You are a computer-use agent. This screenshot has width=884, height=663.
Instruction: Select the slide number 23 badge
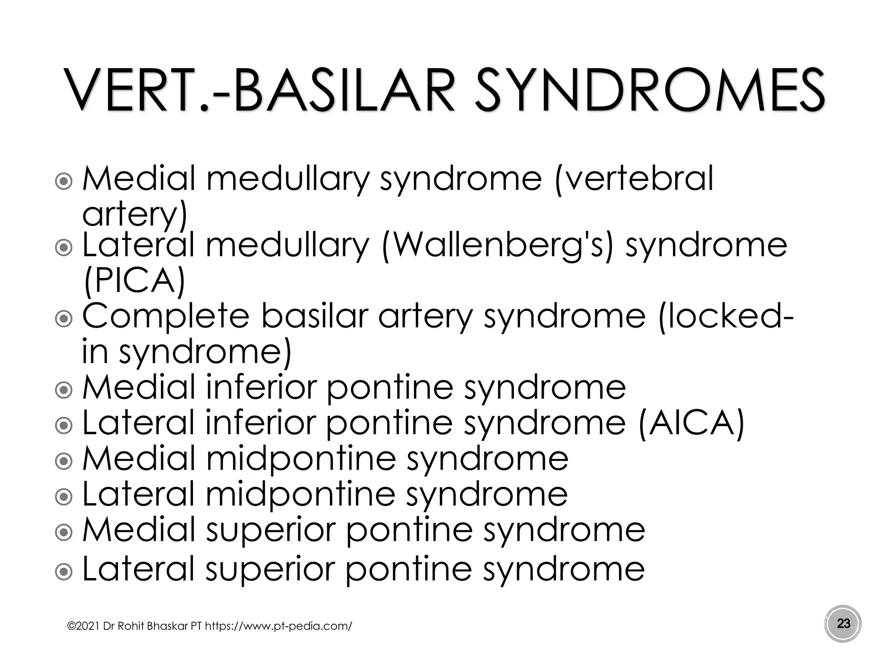(x=843, y=623)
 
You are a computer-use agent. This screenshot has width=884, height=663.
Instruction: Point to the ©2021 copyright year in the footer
(x=84, y=626)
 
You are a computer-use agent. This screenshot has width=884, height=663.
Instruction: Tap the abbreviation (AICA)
(x=691, y=423)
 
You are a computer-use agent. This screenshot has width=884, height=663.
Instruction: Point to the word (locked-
(x=725, y=316)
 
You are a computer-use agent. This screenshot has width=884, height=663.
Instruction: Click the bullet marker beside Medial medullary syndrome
(x=64, y=181)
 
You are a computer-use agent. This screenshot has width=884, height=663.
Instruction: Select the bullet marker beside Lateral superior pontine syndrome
(x=64, y=572)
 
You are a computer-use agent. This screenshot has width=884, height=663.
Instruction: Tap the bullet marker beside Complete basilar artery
(x=64, y=319)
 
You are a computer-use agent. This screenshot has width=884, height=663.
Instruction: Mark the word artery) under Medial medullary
(x=134, y=214)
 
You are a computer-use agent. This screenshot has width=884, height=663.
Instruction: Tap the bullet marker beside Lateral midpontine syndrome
(x=64, y=497)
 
